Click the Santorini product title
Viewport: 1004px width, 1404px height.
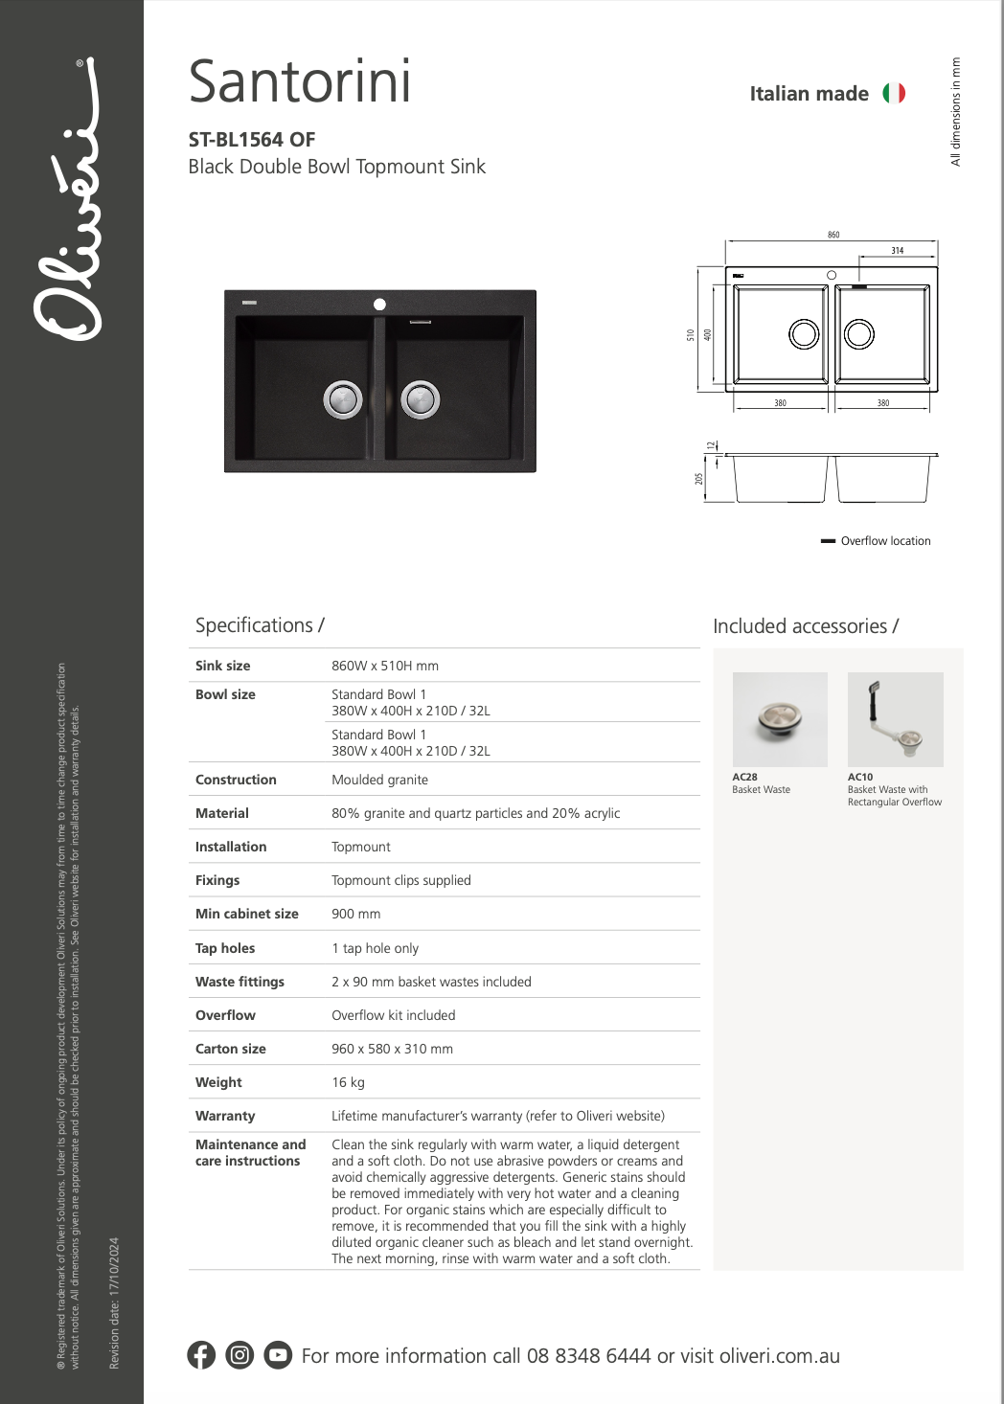click(300, 82)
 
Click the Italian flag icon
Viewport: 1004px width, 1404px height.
click(894, 93)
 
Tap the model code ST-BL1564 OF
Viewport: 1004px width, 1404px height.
click(252, 140)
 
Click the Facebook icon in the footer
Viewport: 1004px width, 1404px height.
click(201, 1354)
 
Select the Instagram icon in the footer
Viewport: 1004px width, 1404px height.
click(240, 1354)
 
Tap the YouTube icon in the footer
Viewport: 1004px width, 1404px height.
click(278, 1354)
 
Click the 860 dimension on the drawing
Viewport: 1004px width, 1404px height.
click(833, 235)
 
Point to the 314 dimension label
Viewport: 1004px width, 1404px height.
click(898, 251)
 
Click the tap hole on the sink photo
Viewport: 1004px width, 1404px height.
click(379, 304)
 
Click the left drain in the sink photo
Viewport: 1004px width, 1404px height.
click(343, 399)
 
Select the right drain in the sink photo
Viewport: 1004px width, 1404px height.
click(420, 399)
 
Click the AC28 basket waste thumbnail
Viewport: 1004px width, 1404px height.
click(780, 719)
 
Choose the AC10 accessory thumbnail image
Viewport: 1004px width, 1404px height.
click(895, 719)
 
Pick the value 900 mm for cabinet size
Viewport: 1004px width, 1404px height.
click(356, 914)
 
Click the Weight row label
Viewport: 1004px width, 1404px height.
click(218, 1082)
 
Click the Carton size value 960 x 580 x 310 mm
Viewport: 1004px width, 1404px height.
click(392, 1049)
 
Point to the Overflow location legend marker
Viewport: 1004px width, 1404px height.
click(829, 541)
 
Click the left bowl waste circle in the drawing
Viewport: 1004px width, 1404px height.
click(804, 334)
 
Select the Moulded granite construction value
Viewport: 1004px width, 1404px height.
click(379, 780)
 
